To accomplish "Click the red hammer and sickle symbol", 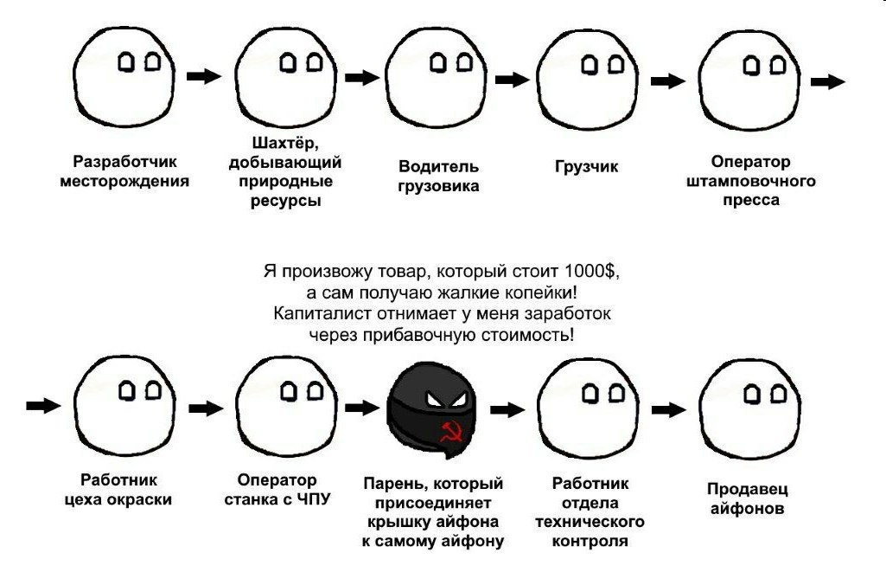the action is (451, 431).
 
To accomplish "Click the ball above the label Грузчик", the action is (587, 80).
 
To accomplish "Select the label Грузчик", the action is (587, 167).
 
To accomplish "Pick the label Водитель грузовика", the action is (438, 176).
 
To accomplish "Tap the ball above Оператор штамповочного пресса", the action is (749, 80).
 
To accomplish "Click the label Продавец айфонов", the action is (747, 498).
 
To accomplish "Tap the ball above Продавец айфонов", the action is (749, 409).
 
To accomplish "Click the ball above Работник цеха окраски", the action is (124, 405).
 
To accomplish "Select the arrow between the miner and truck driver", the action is (362, 78).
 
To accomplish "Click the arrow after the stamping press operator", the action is (828, 81).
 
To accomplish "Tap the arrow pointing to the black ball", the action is (362, 408).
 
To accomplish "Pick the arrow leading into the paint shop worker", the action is (43, 405).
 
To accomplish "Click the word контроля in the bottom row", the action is (590, 541).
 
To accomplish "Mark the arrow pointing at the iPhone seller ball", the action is (669, 409).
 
